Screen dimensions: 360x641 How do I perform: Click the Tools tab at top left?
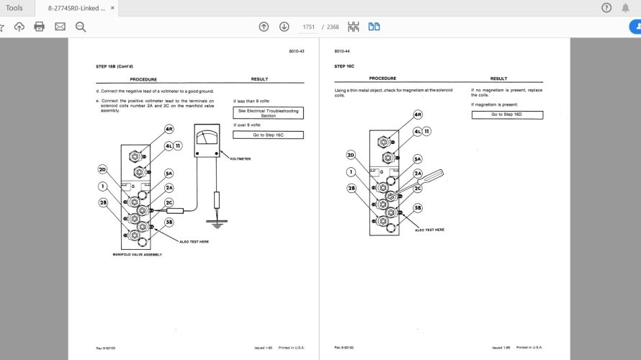pyautogui.click(x=14, y=8)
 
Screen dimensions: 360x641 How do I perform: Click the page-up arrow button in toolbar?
pyautogui.click(x=264, y=27)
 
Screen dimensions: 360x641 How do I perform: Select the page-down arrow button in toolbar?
pyautogui.click(x=284, y=27)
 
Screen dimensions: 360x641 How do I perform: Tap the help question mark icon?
pyautogui.click(x=606, y=8)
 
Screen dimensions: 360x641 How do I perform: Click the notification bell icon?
pyautogui.click(x=625, y=8)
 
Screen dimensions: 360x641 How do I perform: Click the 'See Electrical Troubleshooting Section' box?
pyautogui.click(x=268, y=113)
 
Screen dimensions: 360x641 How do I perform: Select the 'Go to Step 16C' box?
pyautogui.click(x=268, y=135)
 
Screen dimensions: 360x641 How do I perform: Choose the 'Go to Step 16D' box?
pyautogui.click(x=507, y=114)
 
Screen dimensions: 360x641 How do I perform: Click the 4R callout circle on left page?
pyautogui.click(x=169, y=130)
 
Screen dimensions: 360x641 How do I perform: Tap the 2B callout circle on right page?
pyautogui.click(x=352, y=188)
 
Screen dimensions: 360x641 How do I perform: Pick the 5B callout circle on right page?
pyautogui.click(x=418, y=208)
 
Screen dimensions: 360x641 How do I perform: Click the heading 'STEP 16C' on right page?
pyautogui.click(x=344, y=66)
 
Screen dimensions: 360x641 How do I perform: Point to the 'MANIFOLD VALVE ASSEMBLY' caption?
pyautogui.click(x=138, y=255)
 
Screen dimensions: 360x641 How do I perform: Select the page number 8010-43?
pyautogui.click(x=297, y=51)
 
